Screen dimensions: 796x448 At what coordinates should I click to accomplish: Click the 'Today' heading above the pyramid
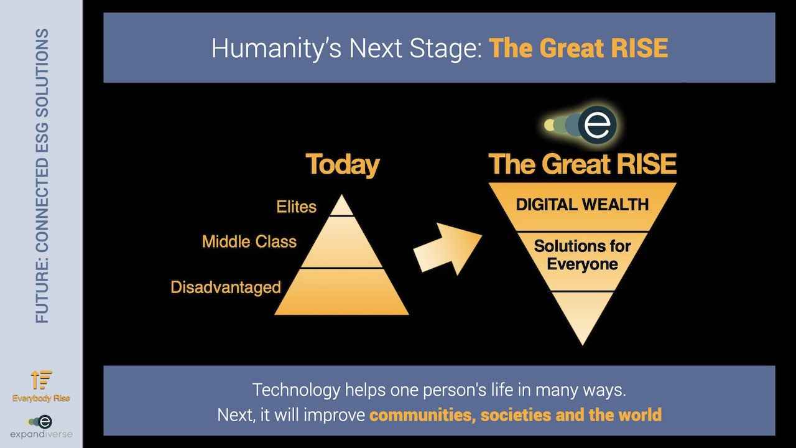tap(343, 166)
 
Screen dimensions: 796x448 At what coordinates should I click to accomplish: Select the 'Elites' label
tap(297, 207)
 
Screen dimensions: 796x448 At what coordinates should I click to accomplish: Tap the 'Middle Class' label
tap(249, 242)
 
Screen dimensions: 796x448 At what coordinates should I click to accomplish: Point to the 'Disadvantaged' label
tap(226, 287)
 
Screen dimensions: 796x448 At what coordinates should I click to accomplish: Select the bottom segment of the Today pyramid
tap(342, 292)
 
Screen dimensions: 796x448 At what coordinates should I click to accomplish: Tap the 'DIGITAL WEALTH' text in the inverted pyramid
tap(582, 205)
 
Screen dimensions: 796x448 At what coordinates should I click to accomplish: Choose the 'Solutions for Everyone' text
tap(582, 255)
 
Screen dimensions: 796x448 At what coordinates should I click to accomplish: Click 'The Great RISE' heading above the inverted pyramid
tap(583, 164)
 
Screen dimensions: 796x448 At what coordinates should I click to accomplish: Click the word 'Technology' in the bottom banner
tap(296, 391)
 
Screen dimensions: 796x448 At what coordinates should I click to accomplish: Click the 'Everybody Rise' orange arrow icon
tap(42, 380)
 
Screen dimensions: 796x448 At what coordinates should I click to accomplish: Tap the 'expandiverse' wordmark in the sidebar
tap(41, 434)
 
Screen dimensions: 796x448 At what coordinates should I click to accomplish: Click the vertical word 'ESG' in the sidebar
tap(42, 133)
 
